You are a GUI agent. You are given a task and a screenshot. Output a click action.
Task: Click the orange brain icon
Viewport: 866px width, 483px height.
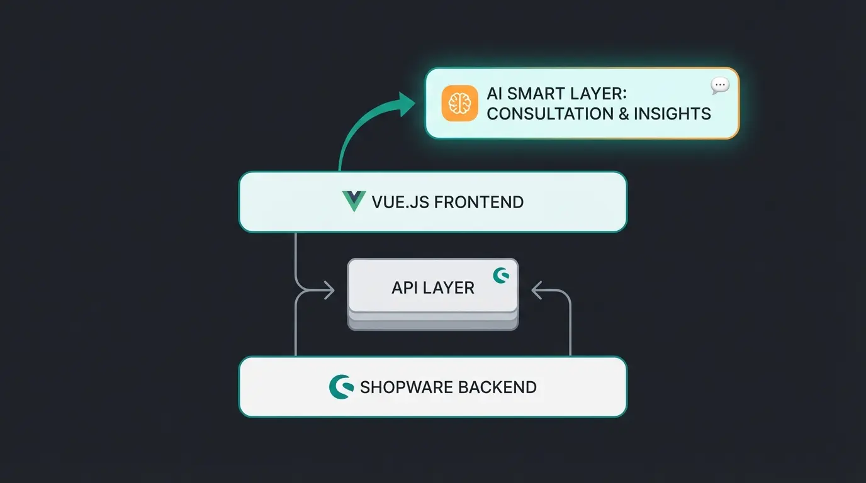pyautogui.click(x=459, y=103)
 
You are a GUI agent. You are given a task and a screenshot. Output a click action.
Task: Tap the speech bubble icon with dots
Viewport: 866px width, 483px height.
pyautogui.click(x=719, y=86)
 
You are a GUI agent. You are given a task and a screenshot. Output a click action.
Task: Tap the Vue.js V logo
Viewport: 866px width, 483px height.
pyautogui.click(x=354, y=201)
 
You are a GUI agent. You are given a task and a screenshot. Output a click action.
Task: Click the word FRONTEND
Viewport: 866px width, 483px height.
pyautogui.click(x=479, y=203)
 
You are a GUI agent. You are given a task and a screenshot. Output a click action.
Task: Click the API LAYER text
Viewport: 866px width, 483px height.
pyautogui.click(x=432, y=288)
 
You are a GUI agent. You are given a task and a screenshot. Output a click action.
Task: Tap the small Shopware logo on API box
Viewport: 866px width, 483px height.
pyautogui.click(x=501, y=275)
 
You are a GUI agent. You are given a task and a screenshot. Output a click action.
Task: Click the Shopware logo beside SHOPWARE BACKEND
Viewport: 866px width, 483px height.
pyautogui.click(x=340, y=386)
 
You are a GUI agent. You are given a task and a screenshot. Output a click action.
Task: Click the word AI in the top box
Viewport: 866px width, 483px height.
pyautogui.click(x=495, y=94)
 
